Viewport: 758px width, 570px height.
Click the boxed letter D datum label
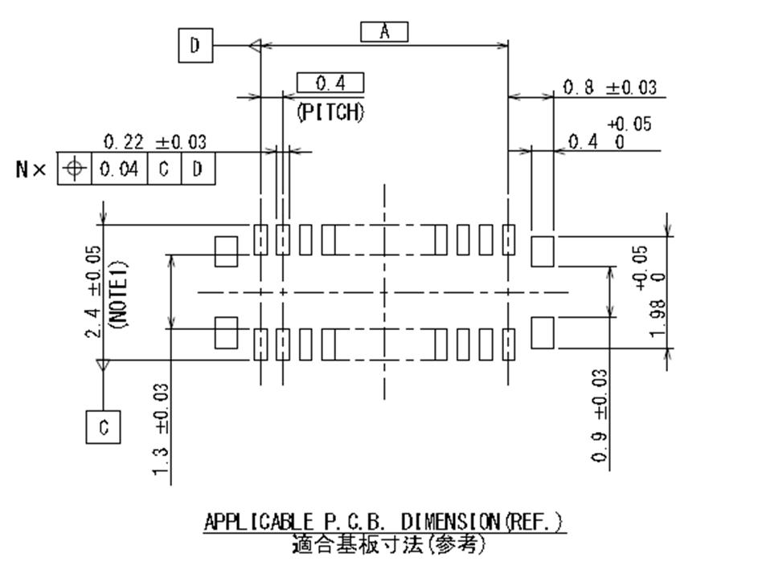pyautogui.click(x=195, y=47)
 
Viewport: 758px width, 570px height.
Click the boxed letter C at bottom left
pyautogui.click(x=103, y=427)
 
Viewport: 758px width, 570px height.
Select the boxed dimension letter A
pyautogui.click(x=384, y=32)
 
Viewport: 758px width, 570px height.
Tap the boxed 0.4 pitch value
pyautogui.click(x=330, y=83)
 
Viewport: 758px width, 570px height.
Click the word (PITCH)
pyautogui.click(x=330, y=112)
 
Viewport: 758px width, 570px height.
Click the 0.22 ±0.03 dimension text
pyautogui.click(x=155, y=142)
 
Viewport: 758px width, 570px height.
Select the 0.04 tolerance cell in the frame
pyautogui.click(x=119, y=169)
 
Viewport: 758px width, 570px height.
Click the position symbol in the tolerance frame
pyautogui.click(x=75, y=169)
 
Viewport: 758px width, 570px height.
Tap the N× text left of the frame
pyautogui.click(x=32, y=169)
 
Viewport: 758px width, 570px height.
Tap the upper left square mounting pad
pyautogui.click(x=227, y=251)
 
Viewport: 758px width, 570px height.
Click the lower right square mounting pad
pyautogui.click(x=543, y=332)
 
